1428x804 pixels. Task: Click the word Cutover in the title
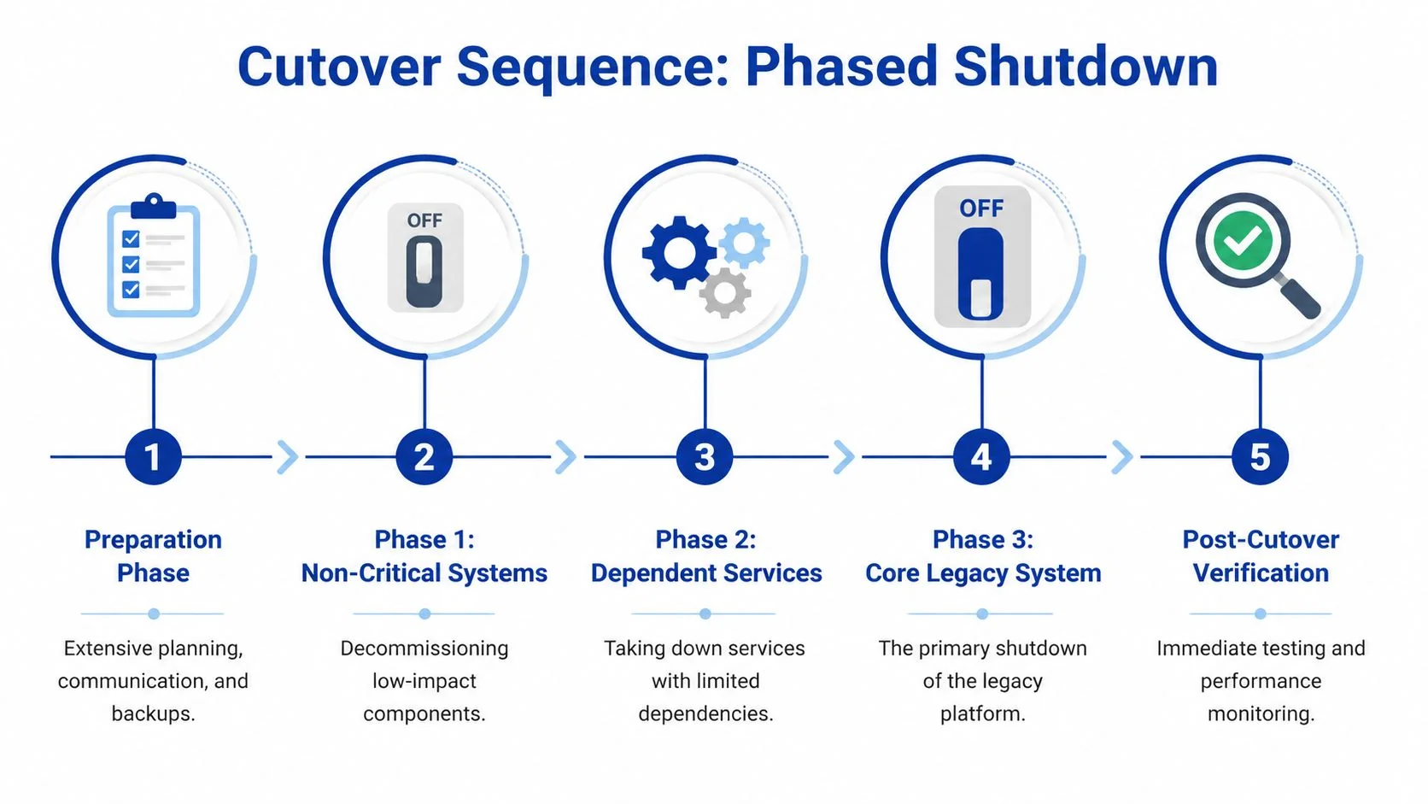(339, 67)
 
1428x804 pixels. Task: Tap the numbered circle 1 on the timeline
(153, 457)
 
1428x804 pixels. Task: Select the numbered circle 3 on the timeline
(705, 457)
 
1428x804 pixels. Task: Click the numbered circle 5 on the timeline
(1260, 457)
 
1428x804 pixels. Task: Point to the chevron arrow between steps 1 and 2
(288, 457)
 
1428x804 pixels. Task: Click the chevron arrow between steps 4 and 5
(1121, 457)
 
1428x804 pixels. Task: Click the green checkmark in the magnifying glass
(1242, 239)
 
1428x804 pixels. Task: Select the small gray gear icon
(725, 293)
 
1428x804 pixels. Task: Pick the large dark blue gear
(679, 252)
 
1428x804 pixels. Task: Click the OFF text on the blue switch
(981, 208)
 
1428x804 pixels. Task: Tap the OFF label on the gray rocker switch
(424, 221)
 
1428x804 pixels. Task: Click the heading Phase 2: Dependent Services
(705, 556)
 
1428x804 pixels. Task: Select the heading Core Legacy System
(983, 573)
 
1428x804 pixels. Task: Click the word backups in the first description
(153, 713)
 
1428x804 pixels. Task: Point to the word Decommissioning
(424, 648)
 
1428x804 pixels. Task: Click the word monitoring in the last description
(1261, 713)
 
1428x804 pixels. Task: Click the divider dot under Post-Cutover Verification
(1261, 613)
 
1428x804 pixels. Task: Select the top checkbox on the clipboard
(131, 238)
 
